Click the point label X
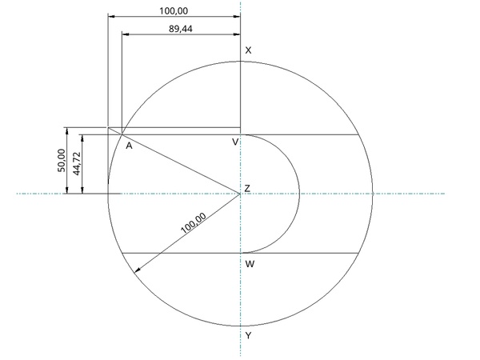coord(248,50)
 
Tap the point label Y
coord(248,336)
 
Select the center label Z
coord(247,188)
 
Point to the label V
coord(235,142)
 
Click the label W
coord(250,264)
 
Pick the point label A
coord(129,146)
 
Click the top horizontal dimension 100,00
coord(174,11)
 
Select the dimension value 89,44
coord(181,29)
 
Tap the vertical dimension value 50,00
coord(62,161)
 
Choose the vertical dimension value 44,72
coord(77,163)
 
